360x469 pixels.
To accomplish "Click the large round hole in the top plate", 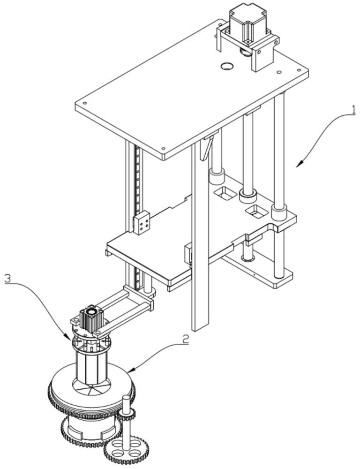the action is click(227, 66).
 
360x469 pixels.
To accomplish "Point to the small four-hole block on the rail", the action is click(142, 222).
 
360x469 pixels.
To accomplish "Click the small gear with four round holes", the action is click(124, 449).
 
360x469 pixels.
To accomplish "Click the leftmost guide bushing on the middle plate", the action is click(217, 176).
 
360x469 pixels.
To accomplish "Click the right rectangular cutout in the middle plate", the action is click(256, 211).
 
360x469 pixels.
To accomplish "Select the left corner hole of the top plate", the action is click(85, 104).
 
